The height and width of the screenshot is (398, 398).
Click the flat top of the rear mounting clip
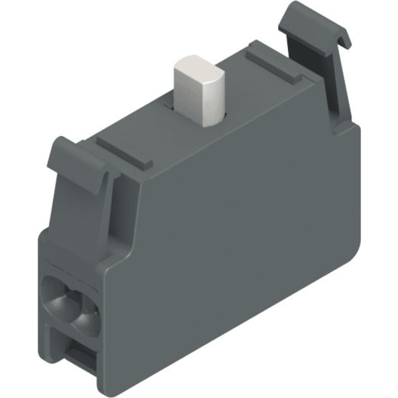(x=311, y=20)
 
